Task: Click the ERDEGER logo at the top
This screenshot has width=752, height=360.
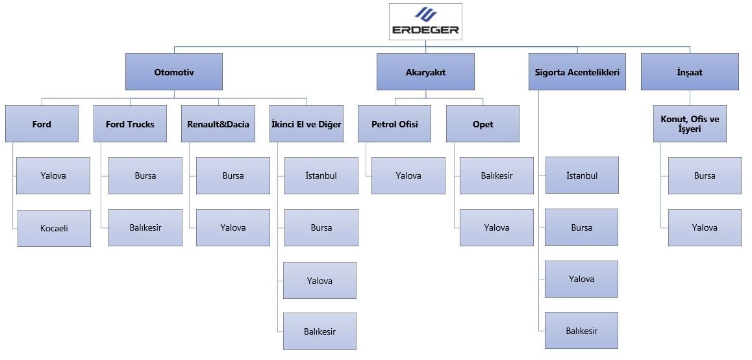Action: tap(425, 22)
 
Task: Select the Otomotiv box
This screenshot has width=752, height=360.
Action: tap(174, 72)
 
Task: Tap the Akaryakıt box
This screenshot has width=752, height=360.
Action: tap(425, 72)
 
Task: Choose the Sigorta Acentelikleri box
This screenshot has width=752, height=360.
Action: tap(577, 72)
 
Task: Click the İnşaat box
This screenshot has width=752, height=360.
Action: tap(690, 72)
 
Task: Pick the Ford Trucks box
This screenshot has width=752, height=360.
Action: tap(130, 124)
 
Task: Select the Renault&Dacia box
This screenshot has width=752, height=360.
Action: tap(218, 124)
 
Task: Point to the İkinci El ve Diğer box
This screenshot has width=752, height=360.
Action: tap(307, 124)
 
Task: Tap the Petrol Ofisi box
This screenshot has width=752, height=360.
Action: tap(395, 124)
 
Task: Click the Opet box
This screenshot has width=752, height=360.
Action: tap(483, 124)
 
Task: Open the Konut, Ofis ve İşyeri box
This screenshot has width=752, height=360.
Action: tap(690, 124)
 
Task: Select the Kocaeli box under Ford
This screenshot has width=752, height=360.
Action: tap(54, 229)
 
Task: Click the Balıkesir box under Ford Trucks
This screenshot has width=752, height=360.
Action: tap(145, 227)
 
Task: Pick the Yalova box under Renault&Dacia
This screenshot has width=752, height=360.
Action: tap(233, 227)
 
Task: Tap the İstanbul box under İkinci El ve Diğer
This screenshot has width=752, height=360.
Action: tap(321, 175)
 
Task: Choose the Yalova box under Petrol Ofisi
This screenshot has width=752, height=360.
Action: tap(408, 175)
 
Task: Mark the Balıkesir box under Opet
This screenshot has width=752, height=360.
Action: tap(497, 175)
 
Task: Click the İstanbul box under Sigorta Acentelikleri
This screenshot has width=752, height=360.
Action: tap(582, 175)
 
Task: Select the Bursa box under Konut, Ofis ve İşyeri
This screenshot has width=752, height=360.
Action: tap(705, 175)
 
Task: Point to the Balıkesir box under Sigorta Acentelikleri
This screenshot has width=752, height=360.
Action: tap(581, 331)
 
